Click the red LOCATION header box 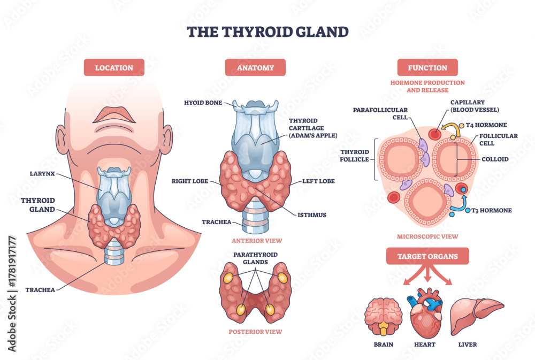(114, 67)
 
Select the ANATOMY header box (255, 67)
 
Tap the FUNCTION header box (427, 67)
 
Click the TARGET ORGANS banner (427, 256)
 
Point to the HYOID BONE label (203, 103)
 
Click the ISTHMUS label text (312, 215)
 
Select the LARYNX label (42, 174)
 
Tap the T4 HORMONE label (486, 125)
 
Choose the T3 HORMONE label (492, 211)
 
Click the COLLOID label (495, 159)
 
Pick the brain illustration (384, 316)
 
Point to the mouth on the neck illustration (114, 116)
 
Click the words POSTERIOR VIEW (255, 332)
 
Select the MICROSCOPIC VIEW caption (427, 236)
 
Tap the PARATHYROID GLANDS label (255, 258)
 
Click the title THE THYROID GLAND (267, 32)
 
